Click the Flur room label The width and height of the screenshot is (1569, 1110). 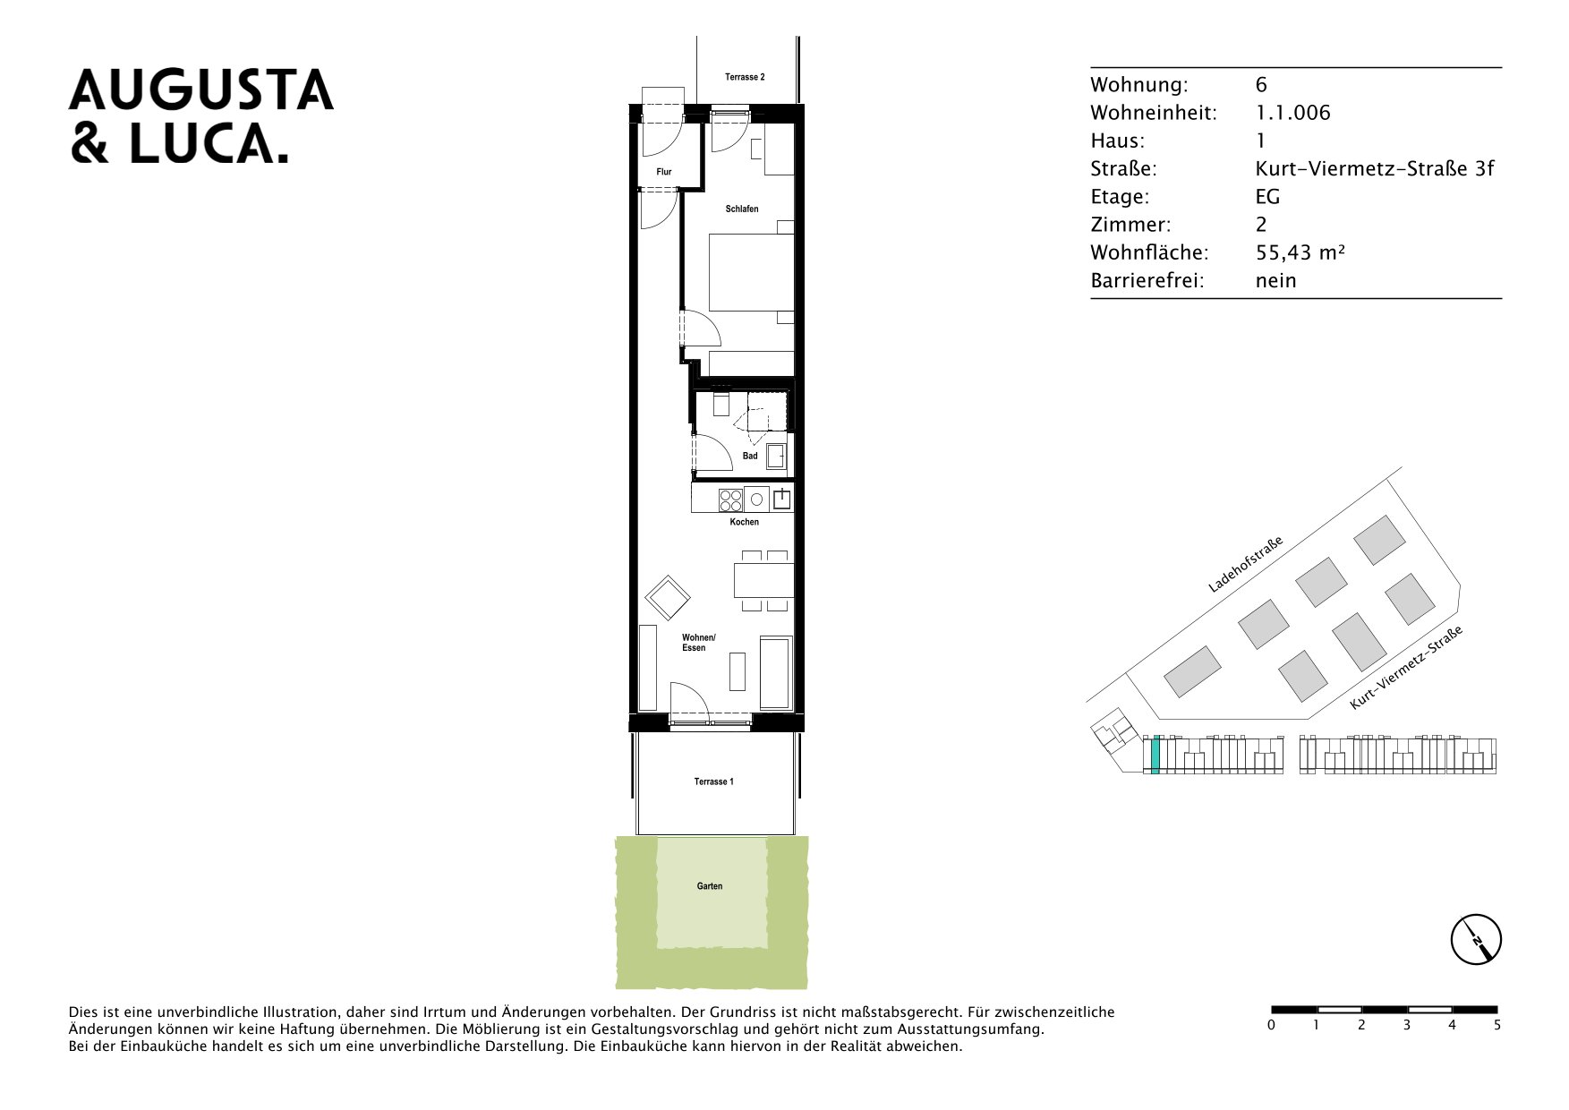point(663,172)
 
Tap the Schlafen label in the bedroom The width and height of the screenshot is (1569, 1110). point(742,209)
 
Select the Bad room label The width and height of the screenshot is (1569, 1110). point(750,457)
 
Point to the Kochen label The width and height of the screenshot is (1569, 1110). point(744,522)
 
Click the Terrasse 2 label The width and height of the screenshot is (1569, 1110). point(745,78)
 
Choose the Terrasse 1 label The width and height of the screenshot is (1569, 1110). point(713,782)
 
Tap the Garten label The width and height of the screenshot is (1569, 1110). point(710,886)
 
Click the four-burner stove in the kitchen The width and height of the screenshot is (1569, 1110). point(730,499)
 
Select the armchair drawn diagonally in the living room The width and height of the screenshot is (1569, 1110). point(668,597)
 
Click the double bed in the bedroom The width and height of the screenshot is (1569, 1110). point(751,272)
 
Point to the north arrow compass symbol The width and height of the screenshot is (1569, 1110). point(1476,940)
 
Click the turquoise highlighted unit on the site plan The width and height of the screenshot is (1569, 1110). point(1155,754)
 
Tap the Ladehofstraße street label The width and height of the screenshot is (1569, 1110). point(1245,565)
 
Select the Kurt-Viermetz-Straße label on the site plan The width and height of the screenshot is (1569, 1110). point(1405,668)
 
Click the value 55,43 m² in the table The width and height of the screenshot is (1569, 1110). point(1300,252)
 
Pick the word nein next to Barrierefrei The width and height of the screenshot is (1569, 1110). point(1275,281)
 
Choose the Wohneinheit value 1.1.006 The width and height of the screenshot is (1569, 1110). point(1292,113)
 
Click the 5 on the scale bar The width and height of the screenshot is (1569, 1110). point(1497,1025)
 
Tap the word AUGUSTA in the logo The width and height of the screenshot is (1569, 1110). point(201,90)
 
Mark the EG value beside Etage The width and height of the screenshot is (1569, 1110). point(1267,197)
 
